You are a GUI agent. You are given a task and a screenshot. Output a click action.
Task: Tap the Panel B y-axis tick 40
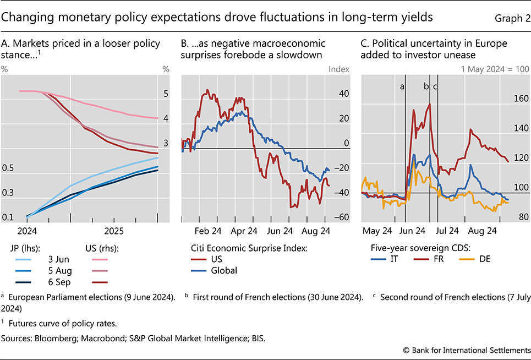click(344, 94)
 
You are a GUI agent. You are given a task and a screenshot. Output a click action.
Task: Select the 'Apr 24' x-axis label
click(244, 230)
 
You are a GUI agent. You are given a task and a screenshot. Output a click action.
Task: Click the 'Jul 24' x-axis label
click(447, 230)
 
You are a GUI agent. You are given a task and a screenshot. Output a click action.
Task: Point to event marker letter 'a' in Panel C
click(402, 86)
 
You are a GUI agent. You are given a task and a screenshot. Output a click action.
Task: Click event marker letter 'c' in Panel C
click(436, 86)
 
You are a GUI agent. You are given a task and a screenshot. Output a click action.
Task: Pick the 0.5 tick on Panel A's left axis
click(8, 168)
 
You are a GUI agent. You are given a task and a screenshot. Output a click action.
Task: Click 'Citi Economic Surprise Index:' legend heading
click(248, 248)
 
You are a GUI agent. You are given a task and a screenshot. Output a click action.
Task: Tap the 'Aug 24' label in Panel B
click(316, 230)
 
